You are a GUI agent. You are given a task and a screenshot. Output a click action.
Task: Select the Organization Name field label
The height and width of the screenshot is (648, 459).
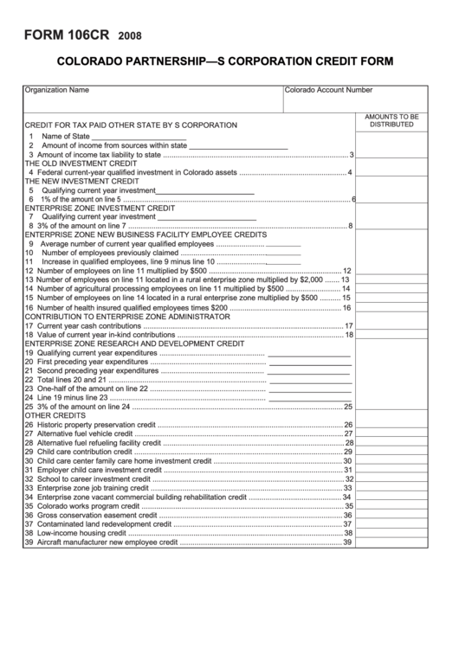pyautogui.click(x=57, y=89)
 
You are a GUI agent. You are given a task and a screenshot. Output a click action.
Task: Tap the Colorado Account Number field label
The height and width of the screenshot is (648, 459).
pyautogui.click(x=328, y=89)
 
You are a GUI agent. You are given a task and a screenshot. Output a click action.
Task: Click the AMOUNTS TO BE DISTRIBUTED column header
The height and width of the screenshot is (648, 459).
pyautogui.click(x=391, y=120)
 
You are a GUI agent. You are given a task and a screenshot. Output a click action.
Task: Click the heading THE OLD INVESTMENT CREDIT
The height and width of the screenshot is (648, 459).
pyautogui.click(x=81, y=163)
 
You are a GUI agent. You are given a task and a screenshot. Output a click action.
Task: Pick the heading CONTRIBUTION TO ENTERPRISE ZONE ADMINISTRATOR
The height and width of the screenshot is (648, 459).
pyautogui.click(x=127, y=317)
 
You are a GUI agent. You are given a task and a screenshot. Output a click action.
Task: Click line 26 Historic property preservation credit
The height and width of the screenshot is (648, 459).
pyautogui.click(x=95, y=425)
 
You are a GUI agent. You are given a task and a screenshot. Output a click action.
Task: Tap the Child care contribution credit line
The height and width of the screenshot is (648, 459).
pyautogui.click(x=85, y=452)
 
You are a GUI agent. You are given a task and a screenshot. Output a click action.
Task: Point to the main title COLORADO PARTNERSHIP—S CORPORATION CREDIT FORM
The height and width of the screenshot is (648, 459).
pyautogui.click(x=225, y=62)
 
